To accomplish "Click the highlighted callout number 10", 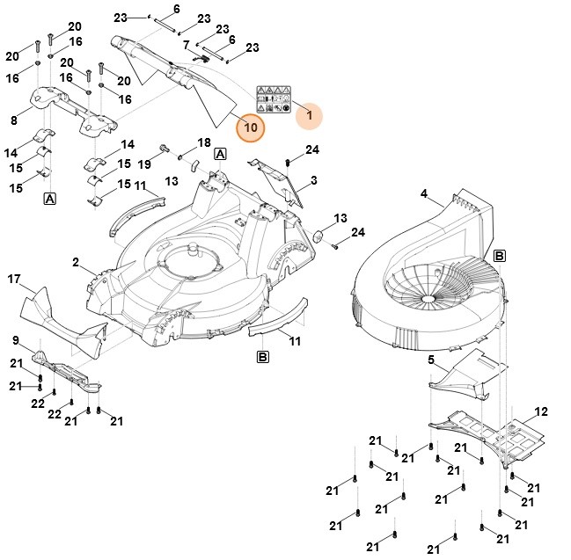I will click(x=251, y=127).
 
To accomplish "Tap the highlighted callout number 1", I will click(x=308, y=113).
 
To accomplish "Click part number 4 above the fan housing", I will click(x=423, y=194).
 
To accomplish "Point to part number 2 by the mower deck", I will click(x=76, y=263).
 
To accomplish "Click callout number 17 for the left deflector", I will click(x=14, y=279).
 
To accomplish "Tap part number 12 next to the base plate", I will click(x=541, y=411).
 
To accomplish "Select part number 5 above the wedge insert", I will click(x=431, y=360).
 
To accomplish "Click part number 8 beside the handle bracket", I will click(x=13, y=120).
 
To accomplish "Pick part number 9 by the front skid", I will click(x=16, y=340).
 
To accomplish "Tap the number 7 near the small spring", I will click(x=186, y=45).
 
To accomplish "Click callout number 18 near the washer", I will click(x=204, y=142).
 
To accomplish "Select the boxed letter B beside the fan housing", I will click(x=499, y=256).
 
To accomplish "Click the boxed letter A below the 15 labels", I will click(x=50, y=200).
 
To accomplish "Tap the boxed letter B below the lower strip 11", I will click(x=262, y=356).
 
